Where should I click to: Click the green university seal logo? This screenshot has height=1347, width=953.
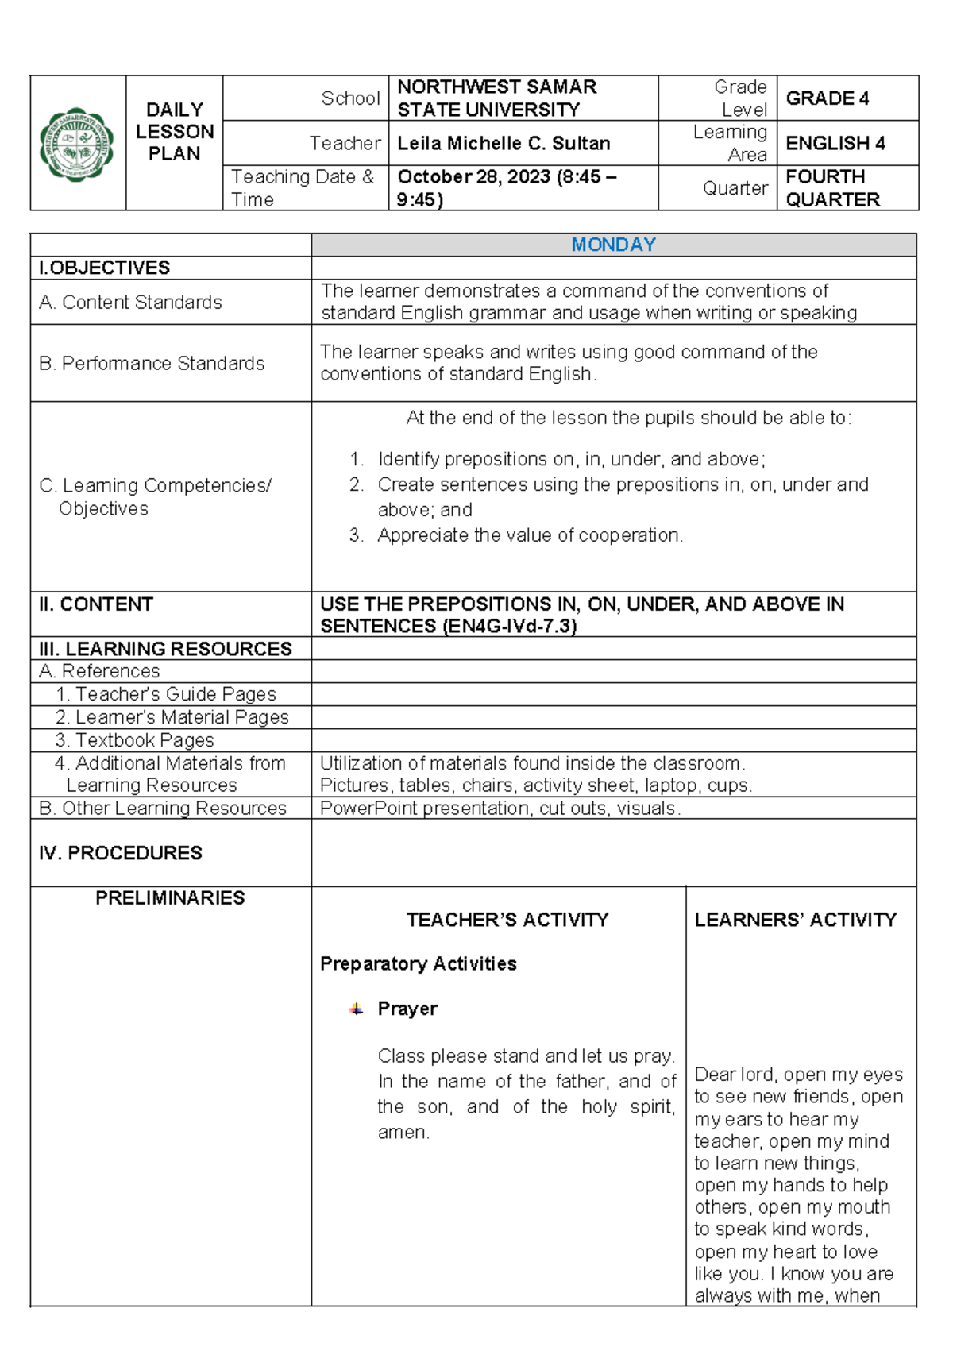77,145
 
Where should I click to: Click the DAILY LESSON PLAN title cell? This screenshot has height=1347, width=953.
174,132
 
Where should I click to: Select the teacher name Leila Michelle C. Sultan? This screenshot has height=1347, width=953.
504,144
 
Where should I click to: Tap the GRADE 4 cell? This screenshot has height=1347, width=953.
827,98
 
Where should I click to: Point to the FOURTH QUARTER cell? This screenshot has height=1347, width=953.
832,188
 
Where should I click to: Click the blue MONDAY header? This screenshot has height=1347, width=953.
613,245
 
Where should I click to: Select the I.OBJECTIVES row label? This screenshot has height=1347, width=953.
104,268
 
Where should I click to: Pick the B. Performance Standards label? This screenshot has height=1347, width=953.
152,364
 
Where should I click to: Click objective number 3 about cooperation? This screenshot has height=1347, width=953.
529,535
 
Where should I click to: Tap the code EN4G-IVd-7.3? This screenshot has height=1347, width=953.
509,627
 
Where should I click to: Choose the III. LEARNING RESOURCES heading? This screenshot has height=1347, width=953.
165,649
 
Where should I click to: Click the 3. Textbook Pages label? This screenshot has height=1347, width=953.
134,740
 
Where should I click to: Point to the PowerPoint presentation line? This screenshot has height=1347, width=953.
500,809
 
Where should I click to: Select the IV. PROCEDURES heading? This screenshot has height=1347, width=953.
120,853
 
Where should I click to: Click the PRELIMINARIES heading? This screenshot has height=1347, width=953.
170,898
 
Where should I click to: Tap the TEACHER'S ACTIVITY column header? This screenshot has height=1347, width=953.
507,920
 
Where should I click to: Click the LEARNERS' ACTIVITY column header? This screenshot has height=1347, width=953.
795,920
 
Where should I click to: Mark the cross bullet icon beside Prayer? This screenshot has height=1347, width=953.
356,1009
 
